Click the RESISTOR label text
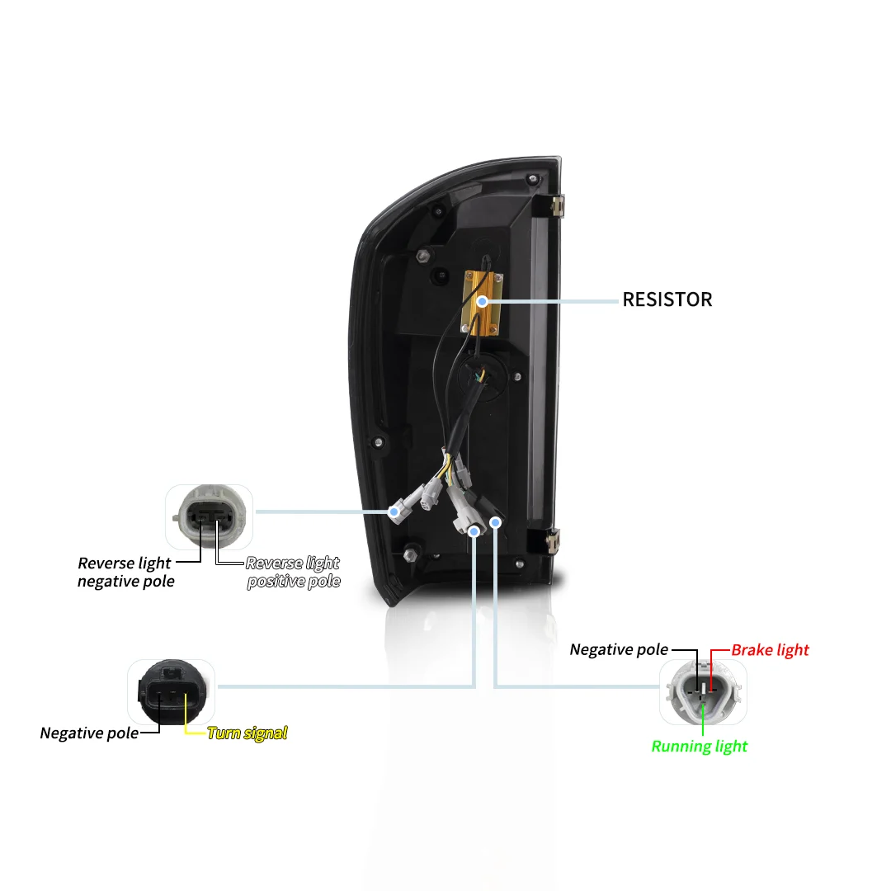(667, 299)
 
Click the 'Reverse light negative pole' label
(125, 572)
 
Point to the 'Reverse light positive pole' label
(293, 572)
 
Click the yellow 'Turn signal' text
(247, 733)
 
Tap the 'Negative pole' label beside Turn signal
(89, 733)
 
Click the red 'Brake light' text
(770, 650)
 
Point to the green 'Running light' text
(699, 747)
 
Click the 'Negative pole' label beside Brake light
(619, 650)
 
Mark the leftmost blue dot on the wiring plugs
(394, 512)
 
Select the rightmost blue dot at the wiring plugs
(496, 521)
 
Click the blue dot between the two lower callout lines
(474, 532)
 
